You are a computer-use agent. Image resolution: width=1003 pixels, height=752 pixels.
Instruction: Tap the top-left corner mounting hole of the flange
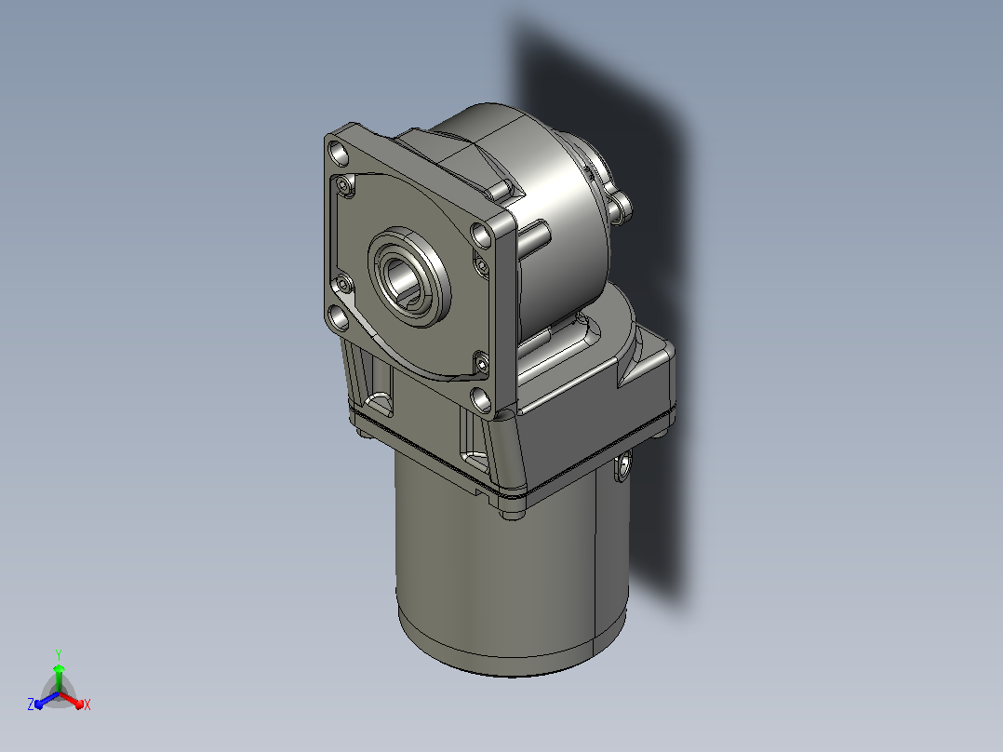pos(339,154)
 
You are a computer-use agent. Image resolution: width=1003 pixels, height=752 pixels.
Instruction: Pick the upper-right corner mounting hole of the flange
pos(481,235)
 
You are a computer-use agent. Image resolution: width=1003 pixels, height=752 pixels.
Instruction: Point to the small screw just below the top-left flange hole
pos(346,186)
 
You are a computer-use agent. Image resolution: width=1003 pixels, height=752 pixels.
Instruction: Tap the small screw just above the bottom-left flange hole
pos(343,284)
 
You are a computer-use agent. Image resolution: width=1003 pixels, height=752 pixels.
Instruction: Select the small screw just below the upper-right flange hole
pos(481,263)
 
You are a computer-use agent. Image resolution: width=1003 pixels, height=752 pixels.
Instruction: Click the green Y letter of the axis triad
pos(59,654)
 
